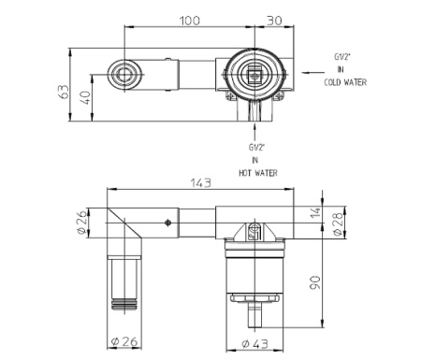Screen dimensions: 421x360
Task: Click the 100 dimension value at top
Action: coord(190,21)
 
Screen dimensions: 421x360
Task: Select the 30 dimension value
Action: coord(274,21)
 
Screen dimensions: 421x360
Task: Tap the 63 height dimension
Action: coord(64,92)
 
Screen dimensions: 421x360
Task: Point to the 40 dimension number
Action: coord(85,97)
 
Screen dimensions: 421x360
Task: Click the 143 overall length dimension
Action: coord(201,182)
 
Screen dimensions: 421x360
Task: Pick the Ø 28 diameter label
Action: coord(338,224)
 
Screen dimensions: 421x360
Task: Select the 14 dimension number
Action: coord(316,212)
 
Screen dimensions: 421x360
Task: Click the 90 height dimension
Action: coord(315,282)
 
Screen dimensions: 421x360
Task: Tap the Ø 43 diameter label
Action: coord(254,344)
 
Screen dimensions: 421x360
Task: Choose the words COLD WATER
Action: coord(345,82)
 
